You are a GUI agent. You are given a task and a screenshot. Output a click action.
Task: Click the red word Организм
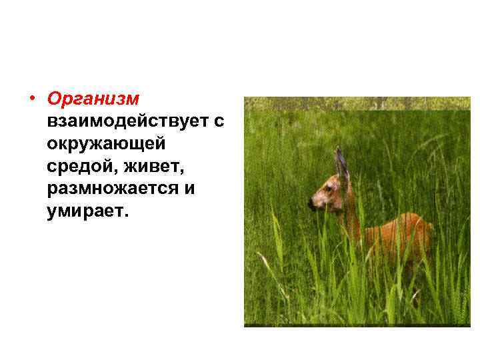pos(93,99)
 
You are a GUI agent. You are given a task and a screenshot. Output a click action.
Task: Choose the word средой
pos(77,167)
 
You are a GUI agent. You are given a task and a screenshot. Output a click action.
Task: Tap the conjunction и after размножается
pos(189,189)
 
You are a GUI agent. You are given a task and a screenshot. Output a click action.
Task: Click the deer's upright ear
pos(342,163)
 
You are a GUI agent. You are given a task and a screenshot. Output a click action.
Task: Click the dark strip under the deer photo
pos(357,325)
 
